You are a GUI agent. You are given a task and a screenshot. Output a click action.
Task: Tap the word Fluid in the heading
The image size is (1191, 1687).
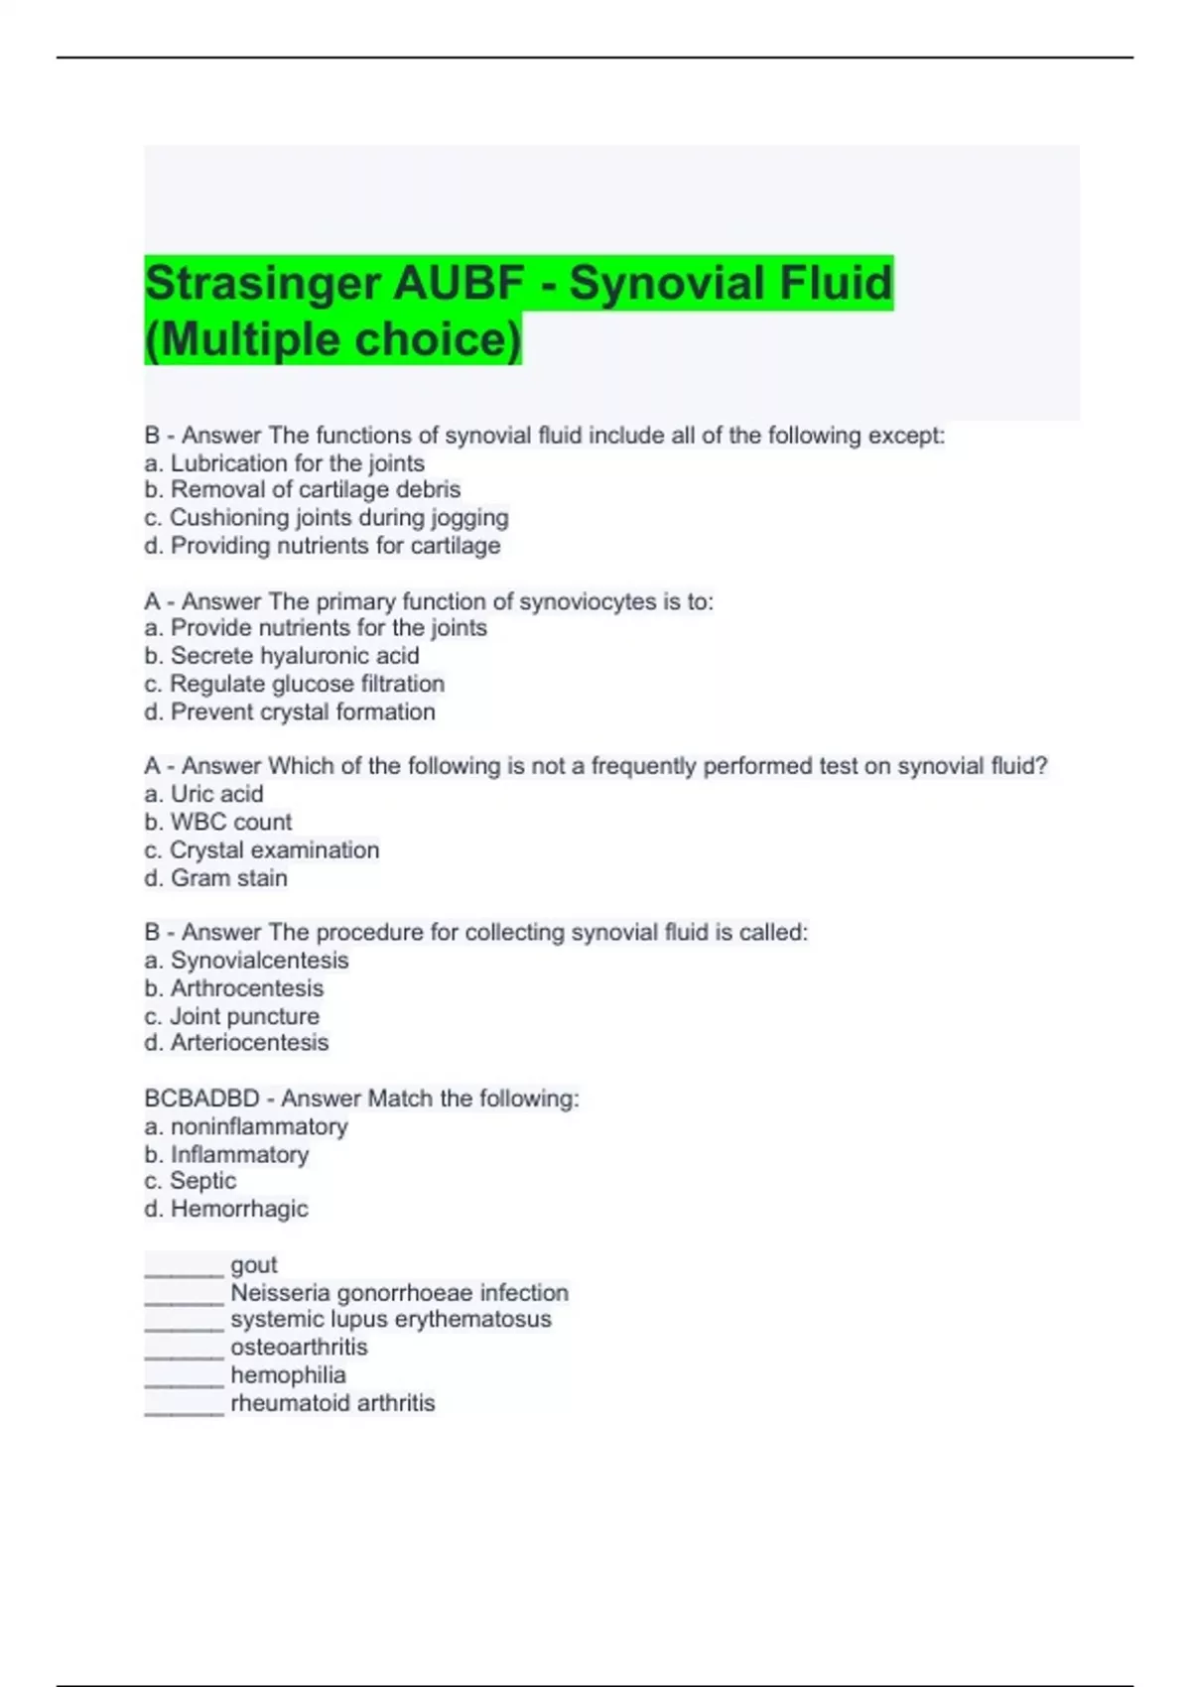coord(836,283)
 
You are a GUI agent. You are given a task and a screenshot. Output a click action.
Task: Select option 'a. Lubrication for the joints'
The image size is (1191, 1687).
coord(284,463)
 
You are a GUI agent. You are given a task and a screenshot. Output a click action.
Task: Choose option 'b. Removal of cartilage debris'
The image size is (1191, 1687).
coord(302,490)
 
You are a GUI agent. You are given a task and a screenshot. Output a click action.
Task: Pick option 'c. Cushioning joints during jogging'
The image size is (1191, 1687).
coord(326,518)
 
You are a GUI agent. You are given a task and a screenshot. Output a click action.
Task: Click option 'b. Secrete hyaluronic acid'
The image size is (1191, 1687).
coord(282,656)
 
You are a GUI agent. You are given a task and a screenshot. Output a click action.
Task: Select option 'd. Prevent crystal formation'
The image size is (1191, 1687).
coord(289,713)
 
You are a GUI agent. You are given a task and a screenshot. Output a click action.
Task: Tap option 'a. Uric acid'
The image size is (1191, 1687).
coord(203,794)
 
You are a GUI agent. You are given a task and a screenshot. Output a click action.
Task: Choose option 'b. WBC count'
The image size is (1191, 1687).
coord(217,823)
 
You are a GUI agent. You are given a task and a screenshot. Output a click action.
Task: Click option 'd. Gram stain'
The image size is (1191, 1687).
coord(215,878)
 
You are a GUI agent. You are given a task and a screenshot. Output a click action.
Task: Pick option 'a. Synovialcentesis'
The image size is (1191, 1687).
coord(246,961)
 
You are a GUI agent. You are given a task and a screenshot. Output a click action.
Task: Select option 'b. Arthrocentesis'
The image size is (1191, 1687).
coord(233,988)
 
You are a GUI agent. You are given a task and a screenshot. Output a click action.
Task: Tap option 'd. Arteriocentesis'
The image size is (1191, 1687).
coord(236,1043)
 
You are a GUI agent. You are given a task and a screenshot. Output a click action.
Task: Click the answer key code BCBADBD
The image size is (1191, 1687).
coord(201,1099)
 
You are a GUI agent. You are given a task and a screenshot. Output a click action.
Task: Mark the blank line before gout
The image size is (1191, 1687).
coord(184,1266)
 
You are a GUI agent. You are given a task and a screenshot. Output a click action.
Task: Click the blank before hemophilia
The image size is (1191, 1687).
coord(184,1376)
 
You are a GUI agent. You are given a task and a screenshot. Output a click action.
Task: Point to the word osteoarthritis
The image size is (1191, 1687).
coord(299,1348)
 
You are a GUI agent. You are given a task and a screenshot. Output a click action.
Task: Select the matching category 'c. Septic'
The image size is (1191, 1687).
coord(190,1181)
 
